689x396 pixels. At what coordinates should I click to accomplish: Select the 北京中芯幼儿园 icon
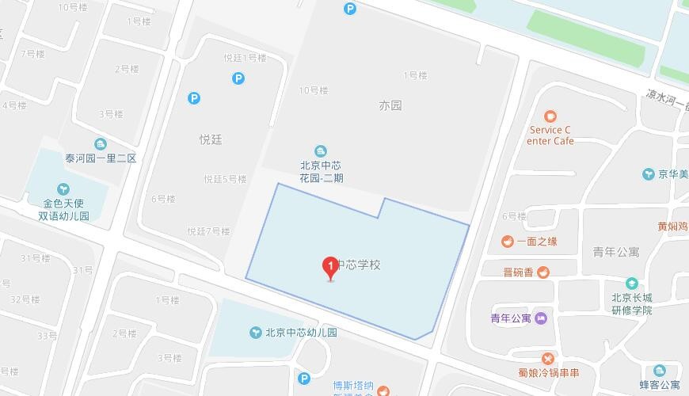[256, 333]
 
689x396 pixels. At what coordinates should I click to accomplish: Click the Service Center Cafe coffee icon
[551, 116]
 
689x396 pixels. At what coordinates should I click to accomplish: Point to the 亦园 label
[390, 105]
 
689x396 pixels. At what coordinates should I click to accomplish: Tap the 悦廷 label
[211, 139]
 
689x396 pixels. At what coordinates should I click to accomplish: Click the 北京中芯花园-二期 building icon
[321, 151]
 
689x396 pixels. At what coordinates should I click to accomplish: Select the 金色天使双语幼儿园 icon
[63, 189]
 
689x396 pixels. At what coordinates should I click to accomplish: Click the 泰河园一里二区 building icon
[101, 144]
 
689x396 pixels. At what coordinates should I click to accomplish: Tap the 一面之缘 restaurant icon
[507, 242]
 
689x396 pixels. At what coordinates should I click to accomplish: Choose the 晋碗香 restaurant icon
[543, 272]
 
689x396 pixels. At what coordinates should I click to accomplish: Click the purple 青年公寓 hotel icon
[541, 318]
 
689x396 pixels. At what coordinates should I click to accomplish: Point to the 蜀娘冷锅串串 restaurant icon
[547, 359]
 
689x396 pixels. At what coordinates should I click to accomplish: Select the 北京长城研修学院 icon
[631, 284]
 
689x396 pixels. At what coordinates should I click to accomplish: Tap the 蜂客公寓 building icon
[660, 371]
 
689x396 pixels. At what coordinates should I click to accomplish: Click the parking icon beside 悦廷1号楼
[238, 78]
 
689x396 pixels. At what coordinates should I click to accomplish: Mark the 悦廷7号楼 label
[208, 232]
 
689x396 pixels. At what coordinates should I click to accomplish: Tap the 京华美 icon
[648, 174]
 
